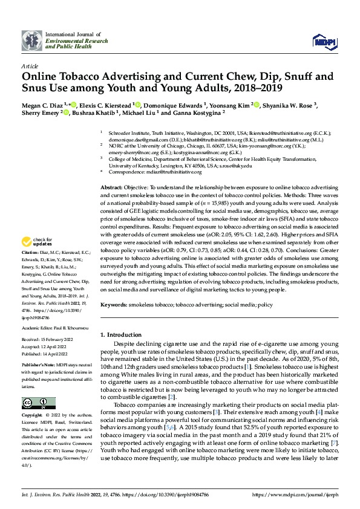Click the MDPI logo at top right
(x=323, y=41)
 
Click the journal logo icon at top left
(x=32, y=41)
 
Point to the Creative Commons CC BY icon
(x=38, y=403)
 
